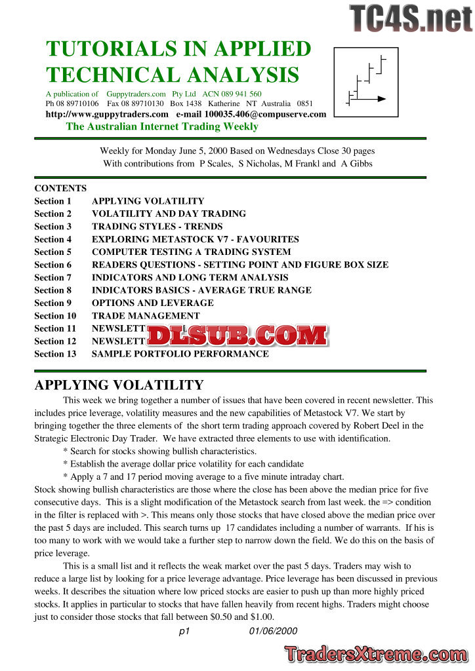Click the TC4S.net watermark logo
coord(411,18)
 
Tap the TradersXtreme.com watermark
coord(377,654)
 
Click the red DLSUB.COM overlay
coord(237,335)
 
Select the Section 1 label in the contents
coord(52,201)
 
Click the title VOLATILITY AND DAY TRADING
coord(169,214)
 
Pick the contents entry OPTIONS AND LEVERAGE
coord(152,303)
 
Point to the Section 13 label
coord(55,354)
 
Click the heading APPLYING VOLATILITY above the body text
coord(119,385)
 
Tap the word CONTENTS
coord(60,188)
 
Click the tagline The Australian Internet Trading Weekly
coord(162,126)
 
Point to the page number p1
coord(184,631)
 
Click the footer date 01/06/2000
coord(273,631)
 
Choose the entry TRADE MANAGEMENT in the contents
coord(146,316)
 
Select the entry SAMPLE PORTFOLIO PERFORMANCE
coord(180,354)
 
